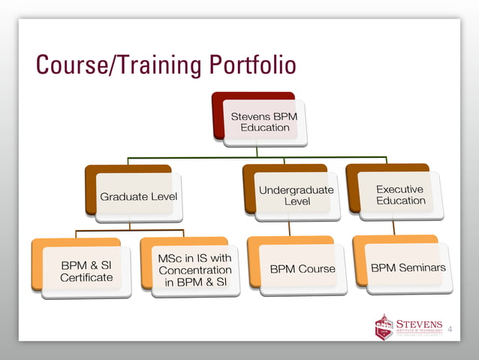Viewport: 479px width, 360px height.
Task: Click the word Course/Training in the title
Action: [x=113, y=65]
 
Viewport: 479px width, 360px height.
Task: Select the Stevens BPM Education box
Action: [x=260, y=122]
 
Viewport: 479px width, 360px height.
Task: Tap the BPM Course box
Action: [x=302, y=268]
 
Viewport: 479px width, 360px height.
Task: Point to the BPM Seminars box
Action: [x=408, y=268]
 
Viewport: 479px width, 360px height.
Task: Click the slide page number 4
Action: [x=450, y=330]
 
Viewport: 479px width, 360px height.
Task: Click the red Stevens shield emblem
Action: [x=384, y=327]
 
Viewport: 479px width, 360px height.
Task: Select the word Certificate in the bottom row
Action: [x=86, y=278]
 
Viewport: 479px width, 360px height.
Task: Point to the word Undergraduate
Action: [x=296, y=190]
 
